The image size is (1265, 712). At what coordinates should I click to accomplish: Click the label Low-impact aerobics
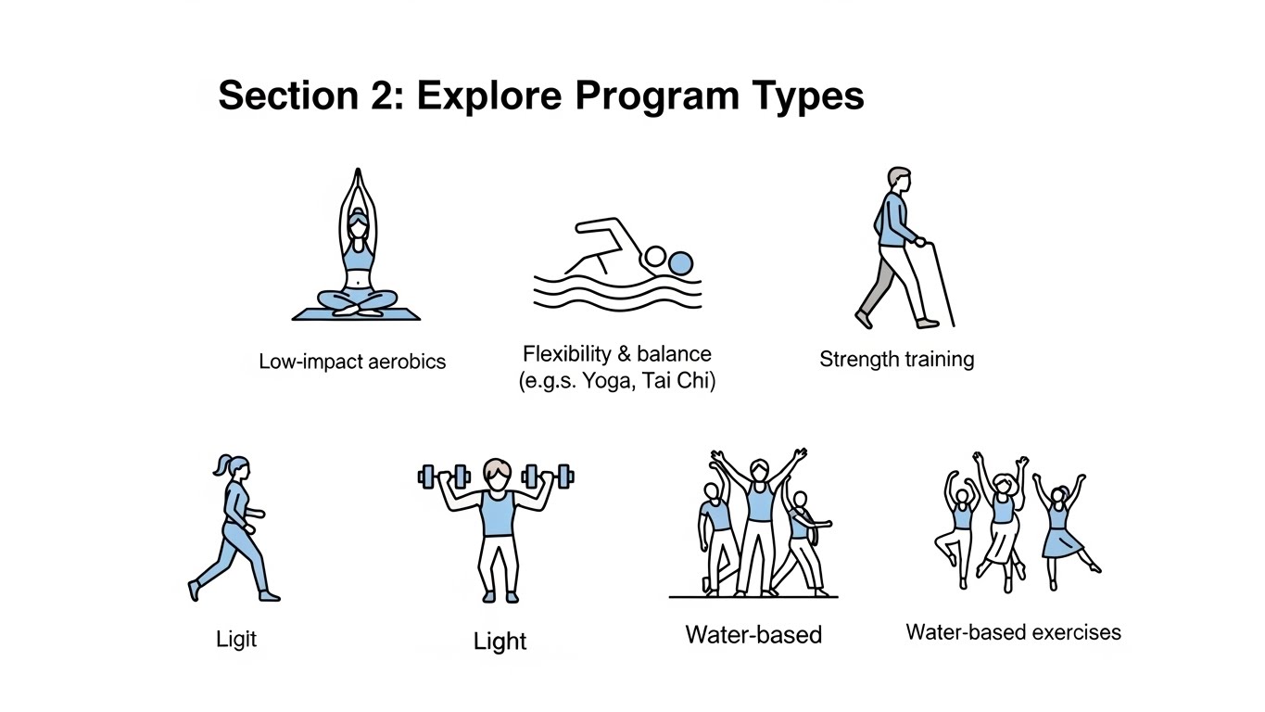click(352, 362)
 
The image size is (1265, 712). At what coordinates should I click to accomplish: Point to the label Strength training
click(897, 360)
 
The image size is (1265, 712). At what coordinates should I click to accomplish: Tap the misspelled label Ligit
click(236, 639)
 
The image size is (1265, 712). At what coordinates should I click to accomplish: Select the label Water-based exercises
click(1013, 632)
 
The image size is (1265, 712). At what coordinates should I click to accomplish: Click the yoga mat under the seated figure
click(356, 314)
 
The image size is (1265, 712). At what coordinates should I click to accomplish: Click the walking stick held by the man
click(942, 285)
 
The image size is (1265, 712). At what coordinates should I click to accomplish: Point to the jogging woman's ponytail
click(221, 464)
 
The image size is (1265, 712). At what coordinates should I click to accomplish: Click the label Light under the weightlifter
click(500, 642)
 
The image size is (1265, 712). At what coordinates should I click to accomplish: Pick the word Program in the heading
click(657, 96)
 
